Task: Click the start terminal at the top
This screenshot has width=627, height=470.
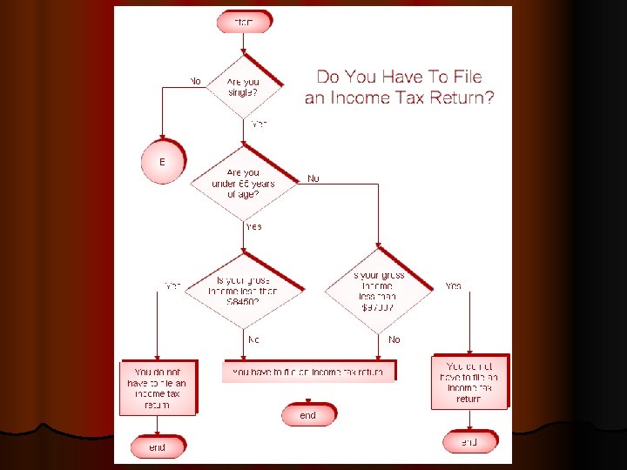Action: (244, 21)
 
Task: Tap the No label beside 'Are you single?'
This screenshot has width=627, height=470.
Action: (195, 81)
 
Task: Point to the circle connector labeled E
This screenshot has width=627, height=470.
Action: (162, 162)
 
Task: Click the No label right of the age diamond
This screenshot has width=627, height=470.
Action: (313, 178)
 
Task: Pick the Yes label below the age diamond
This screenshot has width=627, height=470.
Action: (253, 226)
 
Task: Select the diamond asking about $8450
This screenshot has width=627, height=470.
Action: (246, 291)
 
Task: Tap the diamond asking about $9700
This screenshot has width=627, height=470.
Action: (378, 291)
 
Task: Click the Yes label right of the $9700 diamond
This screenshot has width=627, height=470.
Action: (454, 285)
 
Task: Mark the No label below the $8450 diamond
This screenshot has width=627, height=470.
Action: (253, 339)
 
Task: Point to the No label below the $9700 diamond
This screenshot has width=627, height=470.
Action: (394, 339)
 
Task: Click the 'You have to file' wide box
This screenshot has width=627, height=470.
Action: (308, 372)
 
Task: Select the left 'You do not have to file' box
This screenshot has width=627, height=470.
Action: (157, 387)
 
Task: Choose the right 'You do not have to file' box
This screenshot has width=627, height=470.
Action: (469, 382)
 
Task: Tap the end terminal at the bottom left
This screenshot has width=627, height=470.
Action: (157, 447)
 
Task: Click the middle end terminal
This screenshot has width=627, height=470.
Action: (308, 415)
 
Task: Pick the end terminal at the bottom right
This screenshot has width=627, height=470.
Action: (469, 442)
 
